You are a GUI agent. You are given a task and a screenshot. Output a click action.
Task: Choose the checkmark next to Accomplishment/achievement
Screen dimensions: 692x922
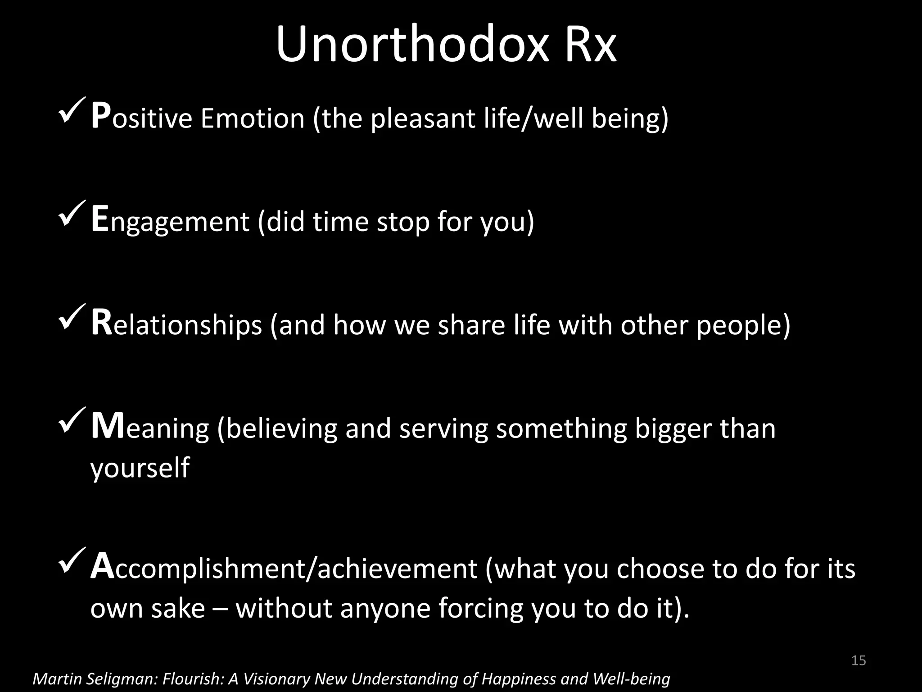72,560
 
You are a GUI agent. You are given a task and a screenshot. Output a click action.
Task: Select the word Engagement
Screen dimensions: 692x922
170,222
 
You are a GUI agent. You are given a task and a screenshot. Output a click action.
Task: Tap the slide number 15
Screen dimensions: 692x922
859,660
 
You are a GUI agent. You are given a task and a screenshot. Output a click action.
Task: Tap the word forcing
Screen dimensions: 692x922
480,608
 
